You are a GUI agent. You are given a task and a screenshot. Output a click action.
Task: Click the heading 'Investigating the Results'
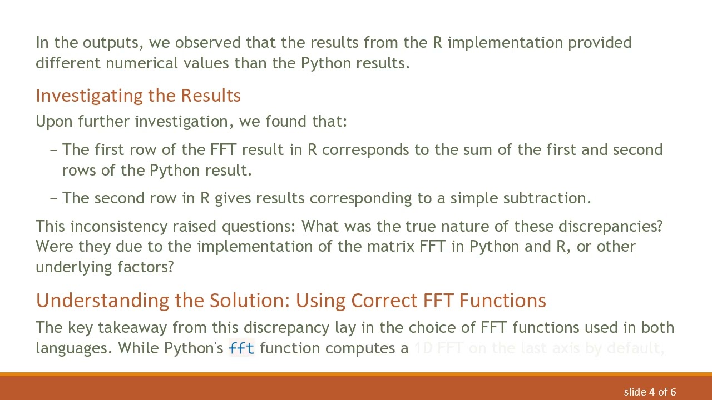click(138, 96)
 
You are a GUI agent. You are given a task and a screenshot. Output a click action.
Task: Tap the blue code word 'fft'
click(241, 348)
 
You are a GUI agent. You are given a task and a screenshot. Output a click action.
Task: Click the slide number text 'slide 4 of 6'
click(650, 392)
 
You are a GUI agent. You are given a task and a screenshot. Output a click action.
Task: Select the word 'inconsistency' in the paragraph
click(119, 227)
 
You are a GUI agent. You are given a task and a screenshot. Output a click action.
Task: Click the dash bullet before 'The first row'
click(54, 150)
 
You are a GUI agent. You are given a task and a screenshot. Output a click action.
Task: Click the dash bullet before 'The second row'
click(54, 198)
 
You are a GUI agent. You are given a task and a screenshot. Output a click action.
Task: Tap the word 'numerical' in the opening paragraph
click(140, 63)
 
